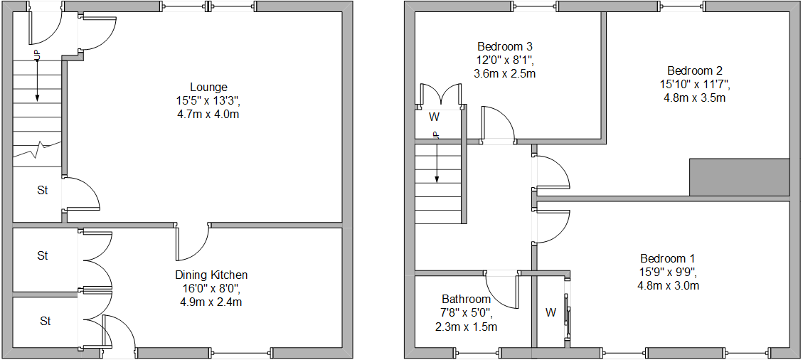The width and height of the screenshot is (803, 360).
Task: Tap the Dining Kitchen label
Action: (x=211, y=275)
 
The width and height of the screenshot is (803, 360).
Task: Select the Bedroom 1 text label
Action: (x=667, y=258)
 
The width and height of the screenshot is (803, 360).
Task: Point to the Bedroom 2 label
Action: (x=695, y=70)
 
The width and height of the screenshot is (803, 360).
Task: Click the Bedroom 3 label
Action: (x=504, y=47)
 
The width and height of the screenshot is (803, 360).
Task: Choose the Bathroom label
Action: (x=466, y=299)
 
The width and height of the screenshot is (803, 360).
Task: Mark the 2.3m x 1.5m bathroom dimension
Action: (x=466, y=327)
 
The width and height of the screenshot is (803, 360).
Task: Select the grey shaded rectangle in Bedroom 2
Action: (x=739, y=177)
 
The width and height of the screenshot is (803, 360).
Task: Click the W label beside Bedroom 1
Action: (x=551, y=312)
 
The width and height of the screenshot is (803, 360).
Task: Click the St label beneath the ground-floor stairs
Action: (x=43, y=191)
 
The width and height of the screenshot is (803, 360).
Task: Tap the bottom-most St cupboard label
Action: (x=46, y=322)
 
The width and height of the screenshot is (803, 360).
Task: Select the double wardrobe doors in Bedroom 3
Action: (x=441, y=95)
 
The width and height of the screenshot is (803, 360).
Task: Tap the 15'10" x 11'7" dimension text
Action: (x=695, y=84)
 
